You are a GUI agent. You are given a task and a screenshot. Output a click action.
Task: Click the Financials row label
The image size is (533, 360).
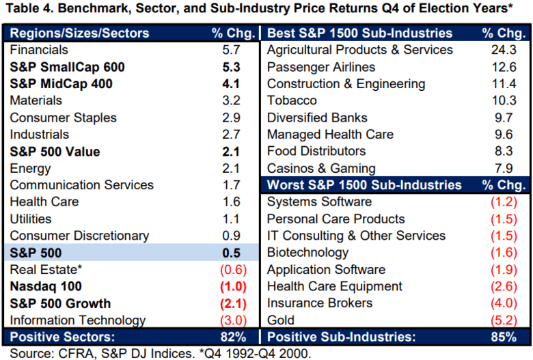coord(39,50)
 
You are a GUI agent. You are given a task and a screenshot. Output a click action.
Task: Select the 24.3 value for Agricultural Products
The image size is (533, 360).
coord(504,50)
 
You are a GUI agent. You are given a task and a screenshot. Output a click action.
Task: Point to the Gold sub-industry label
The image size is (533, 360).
coord(281,320)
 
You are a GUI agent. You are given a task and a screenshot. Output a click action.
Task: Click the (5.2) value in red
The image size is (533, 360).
coord(504,320)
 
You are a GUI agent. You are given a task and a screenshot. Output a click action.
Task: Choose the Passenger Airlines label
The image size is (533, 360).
coord(321,67)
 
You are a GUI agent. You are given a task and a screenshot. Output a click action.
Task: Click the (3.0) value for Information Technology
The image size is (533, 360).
coord(232,320)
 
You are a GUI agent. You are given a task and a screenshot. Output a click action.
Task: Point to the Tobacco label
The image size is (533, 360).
coord(292,100)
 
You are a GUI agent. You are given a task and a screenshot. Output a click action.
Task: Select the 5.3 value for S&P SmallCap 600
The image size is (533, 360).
coord(232,67)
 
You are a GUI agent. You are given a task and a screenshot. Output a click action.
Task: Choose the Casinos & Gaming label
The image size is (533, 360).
coord(321,168)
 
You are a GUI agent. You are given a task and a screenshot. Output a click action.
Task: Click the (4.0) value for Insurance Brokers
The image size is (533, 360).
coord(504,303)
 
